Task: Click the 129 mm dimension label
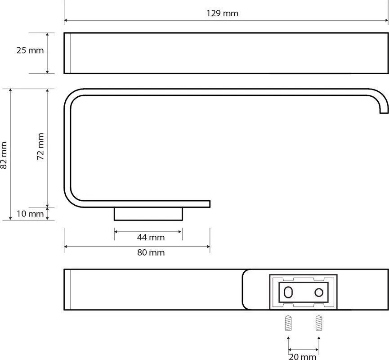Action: point(222,13)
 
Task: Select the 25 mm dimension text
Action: point(30,50)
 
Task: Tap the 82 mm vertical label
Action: point(4,155)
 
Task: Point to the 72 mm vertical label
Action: point(40,146)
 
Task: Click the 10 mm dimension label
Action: point(30,214)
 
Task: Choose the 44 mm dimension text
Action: point(151,237)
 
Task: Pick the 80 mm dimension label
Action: point(151,252)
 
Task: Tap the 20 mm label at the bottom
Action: point(303,357)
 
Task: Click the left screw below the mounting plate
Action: point(288,323)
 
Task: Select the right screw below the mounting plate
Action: point(319,323)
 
